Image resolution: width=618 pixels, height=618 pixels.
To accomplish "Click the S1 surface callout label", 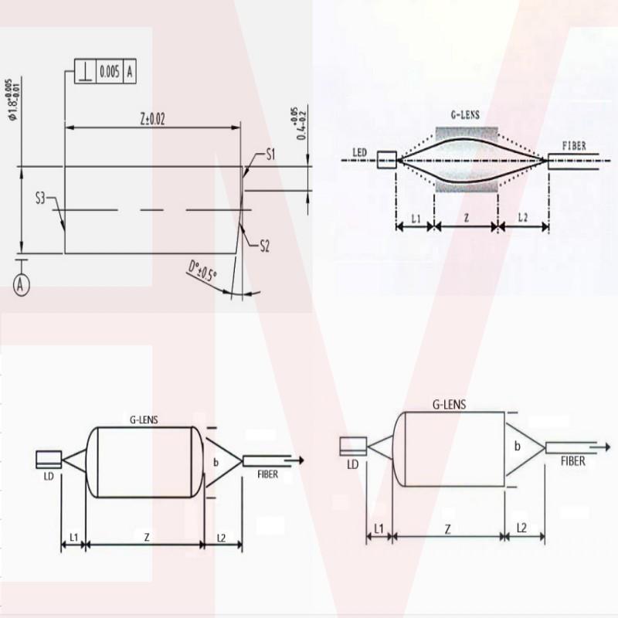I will coord(271,155).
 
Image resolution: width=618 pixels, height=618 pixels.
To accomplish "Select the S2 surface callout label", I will coord(264,246).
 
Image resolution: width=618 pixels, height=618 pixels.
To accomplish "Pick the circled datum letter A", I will coord(22,285).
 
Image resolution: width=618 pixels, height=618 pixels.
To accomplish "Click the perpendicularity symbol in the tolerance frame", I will coord(85,72).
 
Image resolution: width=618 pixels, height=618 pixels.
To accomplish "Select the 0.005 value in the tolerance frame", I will coord(109,72).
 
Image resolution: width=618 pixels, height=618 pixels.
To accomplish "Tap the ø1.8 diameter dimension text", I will coord(11,100).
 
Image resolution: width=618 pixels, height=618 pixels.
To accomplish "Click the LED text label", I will coord(359,152).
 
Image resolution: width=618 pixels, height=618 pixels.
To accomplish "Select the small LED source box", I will coord(386,161).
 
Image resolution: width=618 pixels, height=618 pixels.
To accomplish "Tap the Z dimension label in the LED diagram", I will coord(466,219).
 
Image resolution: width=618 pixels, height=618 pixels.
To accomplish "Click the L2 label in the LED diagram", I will coord(522,219).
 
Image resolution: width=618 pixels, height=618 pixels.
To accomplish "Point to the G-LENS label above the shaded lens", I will coord(466,114).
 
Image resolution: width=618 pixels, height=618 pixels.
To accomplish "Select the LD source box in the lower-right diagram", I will coord(353,446).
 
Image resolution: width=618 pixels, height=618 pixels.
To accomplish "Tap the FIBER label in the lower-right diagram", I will coord(572,460).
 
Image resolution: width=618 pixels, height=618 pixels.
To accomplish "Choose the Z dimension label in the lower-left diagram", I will coord(144,535).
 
